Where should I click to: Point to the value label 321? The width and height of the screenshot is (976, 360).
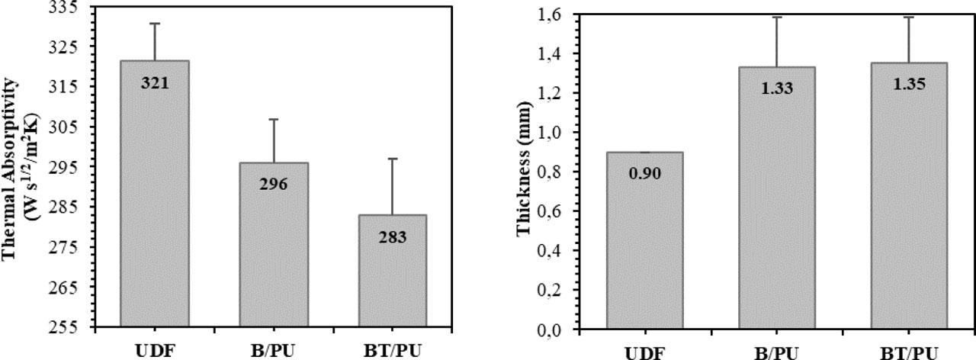[154, 82]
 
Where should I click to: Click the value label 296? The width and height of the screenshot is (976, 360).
[273, 185]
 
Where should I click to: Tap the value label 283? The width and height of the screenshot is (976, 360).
[392, 237]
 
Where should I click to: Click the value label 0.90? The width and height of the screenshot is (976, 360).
[644, 173]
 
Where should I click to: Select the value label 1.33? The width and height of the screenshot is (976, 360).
[776, 88]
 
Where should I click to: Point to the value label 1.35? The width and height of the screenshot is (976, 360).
[908, 83]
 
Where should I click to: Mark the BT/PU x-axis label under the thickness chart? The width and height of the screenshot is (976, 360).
[908, 352]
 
